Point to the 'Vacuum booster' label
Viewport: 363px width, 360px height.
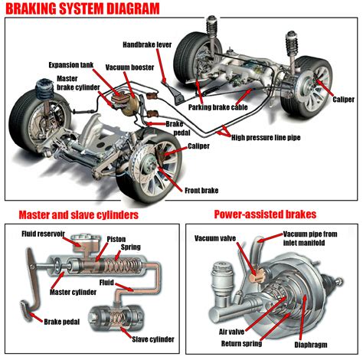point(132,67)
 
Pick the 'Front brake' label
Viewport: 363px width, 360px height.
point(201,188)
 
